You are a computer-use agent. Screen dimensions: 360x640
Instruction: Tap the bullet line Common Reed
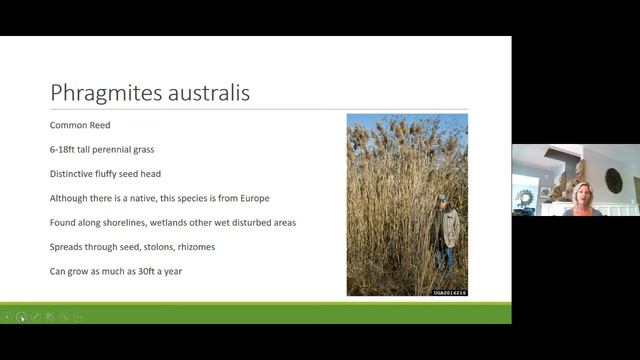click(x=79, y=125)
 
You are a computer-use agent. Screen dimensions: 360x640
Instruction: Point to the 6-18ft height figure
click(x=64, y=149)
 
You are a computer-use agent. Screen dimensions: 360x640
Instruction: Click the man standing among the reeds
click(x=448, y=229)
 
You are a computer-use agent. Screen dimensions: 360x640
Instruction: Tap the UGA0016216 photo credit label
click(x=449, y=292)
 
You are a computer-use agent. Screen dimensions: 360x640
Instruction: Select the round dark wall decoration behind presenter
click(x=613, y=180)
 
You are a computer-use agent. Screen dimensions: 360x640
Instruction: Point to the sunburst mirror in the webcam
click(x=525, y=196)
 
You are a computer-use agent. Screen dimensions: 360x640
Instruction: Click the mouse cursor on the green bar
click(x=21, y=317)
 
